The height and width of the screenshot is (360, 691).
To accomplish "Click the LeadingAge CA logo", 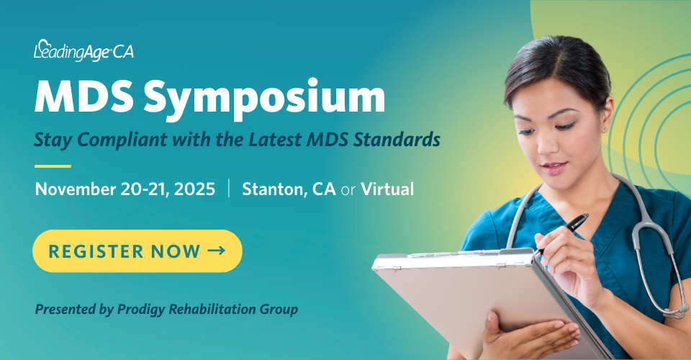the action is [x=83, y=50].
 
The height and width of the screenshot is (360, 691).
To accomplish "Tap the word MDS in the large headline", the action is [x=83, y=96].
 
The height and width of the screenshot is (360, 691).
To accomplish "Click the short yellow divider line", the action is [x=53, y=166].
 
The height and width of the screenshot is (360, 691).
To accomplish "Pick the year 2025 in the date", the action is [x=195, y=189].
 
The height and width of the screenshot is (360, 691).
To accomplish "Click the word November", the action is [x=76, y=189].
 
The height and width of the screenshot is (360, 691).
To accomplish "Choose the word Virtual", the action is [x=387, y=189].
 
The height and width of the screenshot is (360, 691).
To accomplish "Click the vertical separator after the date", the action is [x=229, y=188].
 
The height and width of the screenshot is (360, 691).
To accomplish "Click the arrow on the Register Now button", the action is [x=217, y=251].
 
